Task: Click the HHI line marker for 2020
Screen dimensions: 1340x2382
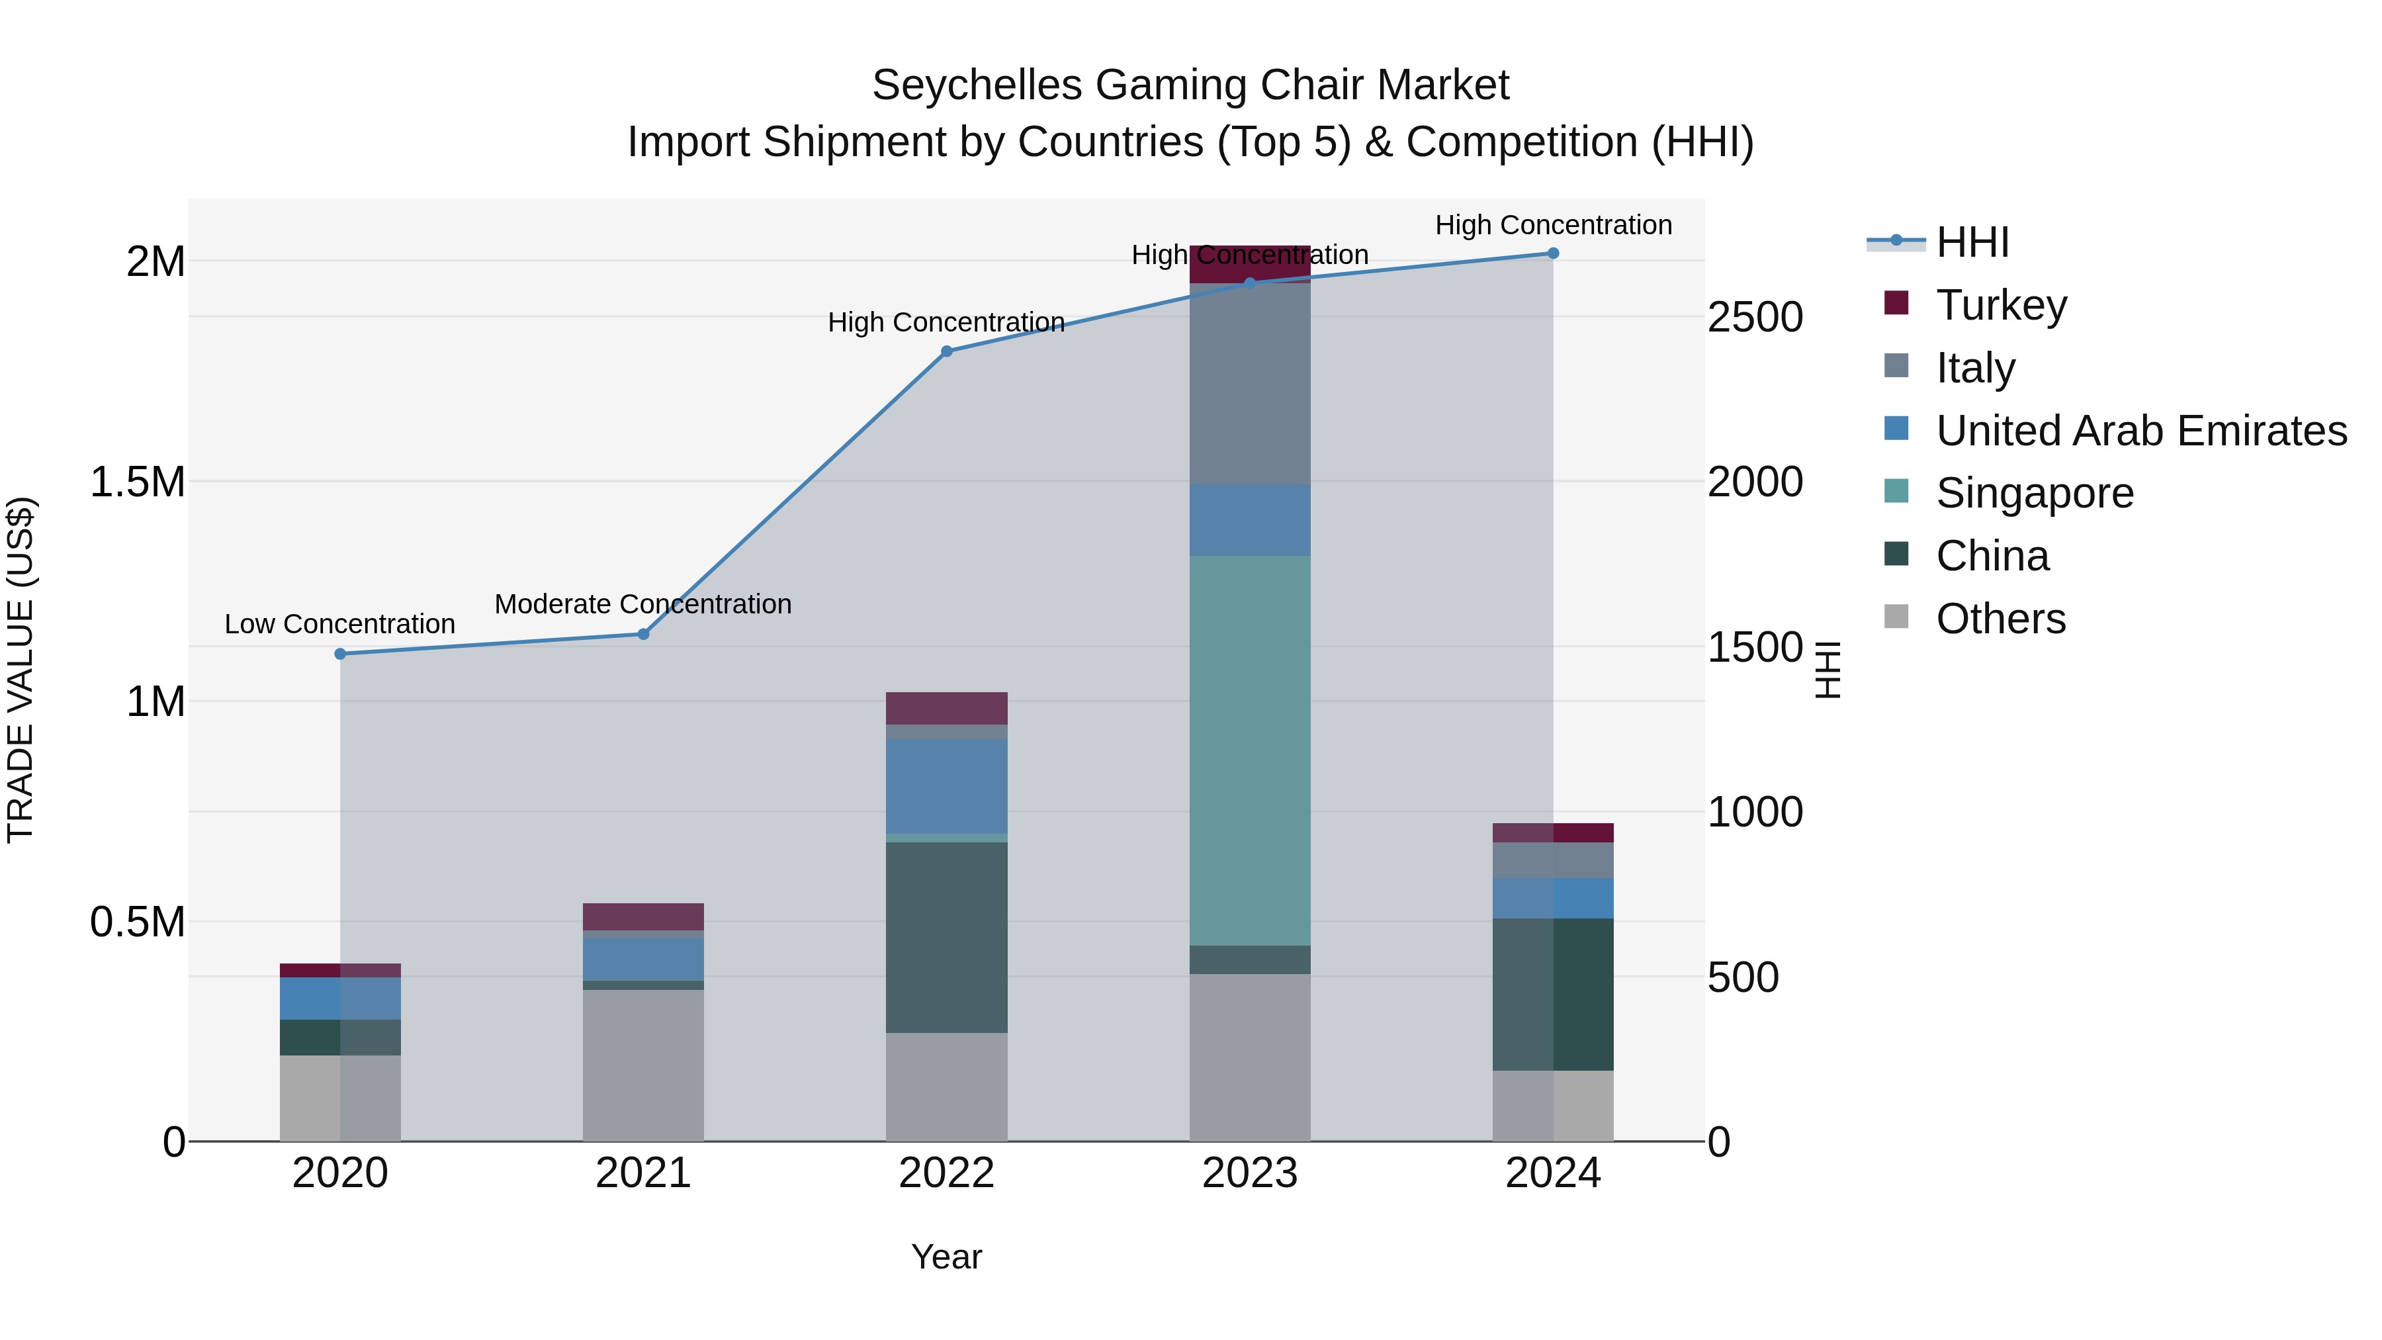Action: point(340,654)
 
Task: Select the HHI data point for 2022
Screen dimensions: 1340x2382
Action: point(946,351)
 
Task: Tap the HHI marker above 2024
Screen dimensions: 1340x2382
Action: point(1552,253)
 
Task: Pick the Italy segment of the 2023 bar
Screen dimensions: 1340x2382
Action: point(1249,384)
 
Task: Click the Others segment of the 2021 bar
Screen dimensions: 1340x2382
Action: point(642,1065)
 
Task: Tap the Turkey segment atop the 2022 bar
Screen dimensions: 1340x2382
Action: point(946,708)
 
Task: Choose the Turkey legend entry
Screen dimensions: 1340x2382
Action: point(2001,305)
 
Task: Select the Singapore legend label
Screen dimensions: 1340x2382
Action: point(2035,493)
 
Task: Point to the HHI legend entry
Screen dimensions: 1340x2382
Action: point(1972,242)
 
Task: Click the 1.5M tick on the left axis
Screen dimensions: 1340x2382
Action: point(138,482)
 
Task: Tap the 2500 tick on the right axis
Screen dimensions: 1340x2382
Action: point(1754,317)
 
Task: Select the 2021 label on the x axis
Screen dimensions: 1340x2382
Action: point(642,1173)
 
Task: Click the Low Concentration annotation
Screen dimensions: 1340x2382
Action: point(340,624)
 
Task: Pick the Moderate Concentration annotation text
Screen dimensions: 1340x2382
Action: point(642,604)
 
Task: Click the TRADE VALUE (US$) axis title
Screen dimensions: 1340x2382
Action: point(21,670)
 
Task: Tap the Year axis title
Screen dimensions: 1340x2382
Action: point(946,1257)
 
